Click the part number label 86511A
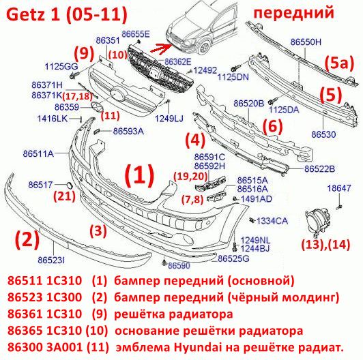click(x=38, y=153)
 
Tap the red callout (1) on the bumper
click(x=139, y=176)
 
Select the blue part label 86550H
click(x=306, y=42)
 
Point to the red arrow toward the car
click(x=161, y=48)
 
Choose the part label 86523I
click(x=51, y=260)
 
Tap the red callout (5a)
click(x=339, y=63)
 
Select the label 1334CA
click(x=272, y=221)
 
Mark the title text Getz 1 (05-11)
click(x=67, y=14)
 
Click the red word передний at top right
click(x=294, y=12)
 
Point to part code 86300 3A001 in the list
click(x=45, y=347)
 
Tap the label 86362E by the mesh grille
click(x=178, y=61)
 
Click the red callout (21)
click(x=65, y=196)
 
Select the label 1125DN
click(x=233, y=77)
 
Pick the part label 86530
click(x=323, y=134)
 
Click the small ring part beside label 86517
click(x=70, y=185)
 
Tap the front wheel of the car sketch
click(x=205, y=48)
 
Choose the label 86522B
click(x=319, y=169)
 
